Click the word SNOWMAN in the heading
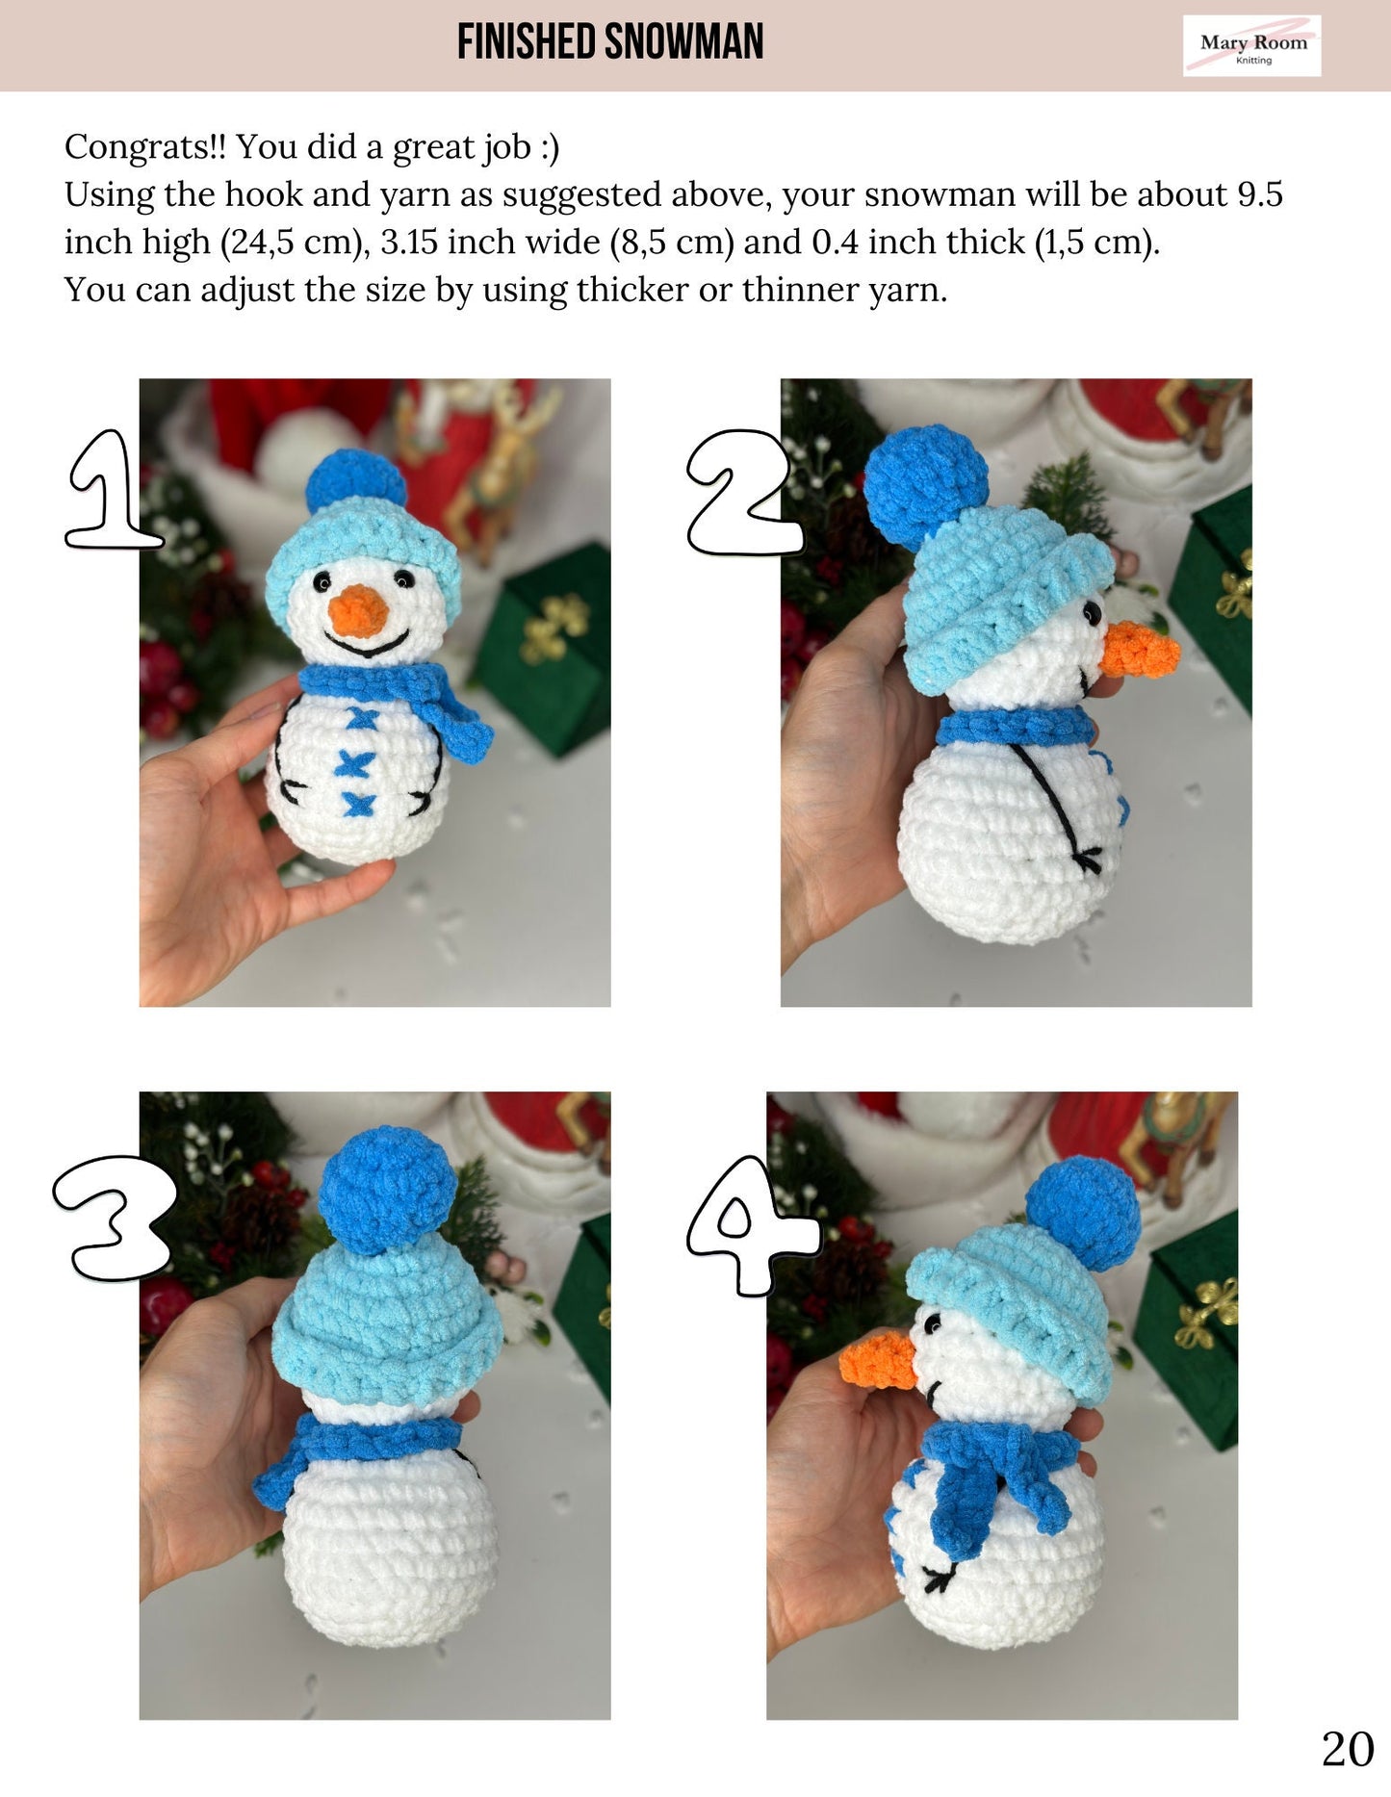[x=684, y=42]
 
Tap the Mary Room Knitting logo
[x=1251, y=46]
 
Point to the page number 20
[x=1348, y=1750]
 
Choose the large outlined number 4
[x=753, y=1225]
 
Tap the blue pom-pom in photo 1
[x=356, y=480]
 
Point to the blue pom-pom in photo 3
[x=387, y=1189]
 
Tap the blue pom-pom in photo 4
[x=1084, y=1215]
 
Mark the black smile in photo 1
[x=369, y=644]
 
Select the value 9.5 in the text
[x=1260, y=194]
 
